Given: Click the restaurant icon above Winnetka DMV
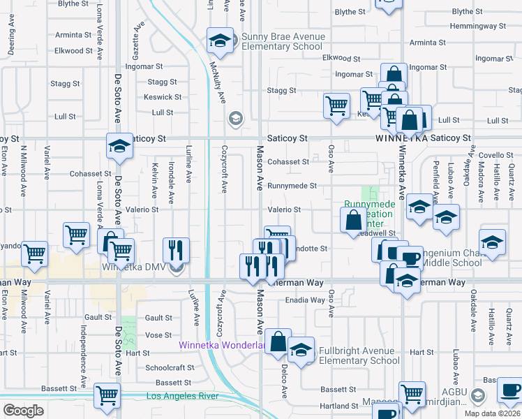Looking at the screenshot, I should pyautogui.click(x=176, y=249).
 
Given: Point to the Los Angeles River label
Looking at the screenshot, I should pyautogui.click(x=183, y=397).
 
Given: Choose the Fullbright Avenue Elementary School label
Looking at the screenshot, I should pyautogui.click(x=359, y=355).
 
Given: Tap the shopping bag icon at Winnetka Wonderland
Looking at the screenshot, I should pyautogui.click(x=278, y=342).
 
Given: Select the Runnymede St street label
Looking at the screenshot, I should pyautogui.click(x=292, y=186).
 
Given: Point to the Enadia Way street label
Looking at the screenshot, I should pyautogui.click(x=304, y=300).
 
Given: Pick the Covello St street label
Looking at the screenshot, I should pyautogui.click(x=496, y=156).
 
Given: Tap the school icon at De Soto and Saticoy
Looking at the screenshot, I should pyautogui.click(x=119, y=146).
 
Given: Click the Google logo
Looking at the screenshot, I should pyautogui.click(x=23, y=411).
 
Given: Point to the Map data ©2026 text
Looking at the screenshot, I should pyautogui.click(x=491, y=413).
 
